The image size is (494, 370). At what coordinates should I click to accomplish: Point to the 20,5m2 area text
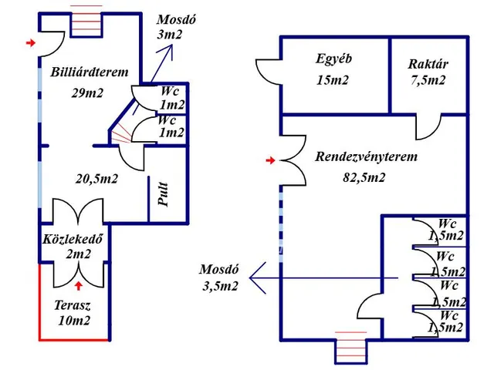(96, 179)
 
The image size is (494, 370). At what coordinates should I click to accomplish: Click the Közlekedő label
(73, 238)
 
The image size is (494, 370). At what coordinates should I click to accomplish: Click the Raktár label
(428, 64)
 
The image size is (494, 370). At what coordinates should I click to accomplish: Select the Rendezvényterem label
(366, 157)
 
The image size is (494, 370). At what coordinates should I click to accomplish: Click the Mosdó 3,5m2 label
(219, 278)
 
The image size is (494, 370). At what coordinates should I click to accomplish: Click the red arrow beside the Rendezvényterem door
(269, 160)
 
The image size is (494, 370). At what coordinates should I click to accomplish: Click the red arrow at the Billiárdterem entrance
(30, 43)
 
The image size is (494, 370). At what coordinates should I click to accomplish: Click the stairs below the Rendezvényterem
(351, 348)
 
